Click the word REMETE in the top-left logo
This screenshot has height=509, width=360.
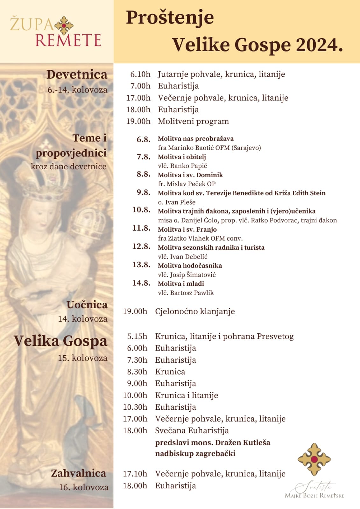(x=68, y=40)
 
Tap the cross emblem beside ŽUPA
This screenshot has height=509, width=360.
(x=64, y=25)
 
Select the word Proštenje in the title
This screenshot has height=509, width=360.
(x=170, y=17)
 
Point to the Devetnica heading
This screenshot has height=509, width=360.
(x=77, y=74)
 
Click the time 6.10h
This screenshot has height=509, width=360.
(x=140, y=74)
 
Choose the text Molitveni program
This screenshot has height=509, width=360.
(x=193, y=121)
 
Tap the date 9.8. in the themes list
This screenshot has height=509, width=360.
(x=144, y=192)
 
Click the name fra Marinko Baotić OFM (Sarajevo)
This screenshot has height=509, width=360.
(x=209, y=148)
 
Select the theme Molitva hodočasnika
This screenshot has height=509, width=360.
(x=190, y=265)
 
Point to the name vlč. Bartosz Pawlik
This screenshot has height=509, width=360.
(x=186, y=293)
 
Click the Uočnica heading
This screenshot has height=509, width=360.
(x=87, y=305)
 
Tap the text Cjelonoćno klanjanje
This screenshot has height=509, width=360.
(x=195, y=311)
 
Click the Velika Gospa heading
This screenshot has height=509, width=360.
(x=60, y=341)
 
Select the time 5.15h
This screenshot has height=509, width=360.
(x=137, y=336)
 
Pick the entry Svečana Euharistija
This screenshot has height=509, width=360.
(x=192, y=430)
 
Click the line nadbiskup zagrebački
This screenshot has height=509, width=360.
(x=195, y=453)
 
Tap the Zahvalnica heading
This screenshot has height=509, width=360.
(x=78, y=473)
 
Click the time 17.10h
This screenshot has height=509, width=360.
(x=135, y=474)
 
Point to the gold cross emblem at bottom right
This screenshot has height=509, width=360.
(x=314, y=459)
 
